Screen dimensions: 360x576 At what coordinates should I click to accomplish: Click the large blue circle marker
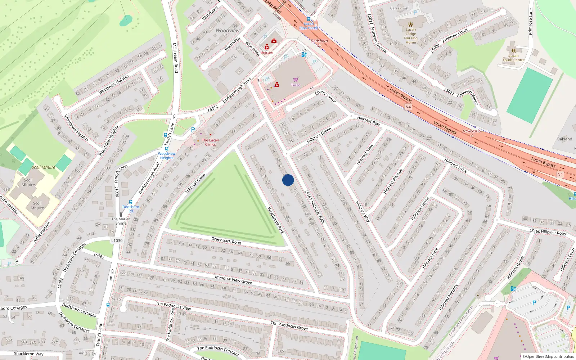pyautogui.click(x=288, y=180)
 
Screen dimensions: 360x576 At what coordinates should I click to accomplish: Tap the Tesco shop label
pyautogui.click(x=296, y=85)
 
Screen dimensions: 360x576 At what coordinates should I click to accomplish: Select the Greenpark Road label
pyautogui.click(x=226, y=240)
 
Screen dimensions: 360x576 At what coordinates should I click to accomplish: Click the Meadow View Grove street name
pyautogui.click(x=233, y=280)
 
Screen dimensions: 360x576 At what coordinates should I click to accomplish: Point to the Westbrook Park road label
pyautogui.click(x=275, y=220)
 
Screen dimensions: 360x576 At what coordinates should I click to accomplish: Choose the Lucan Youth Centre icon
pyautogui.click(x=513, y=51)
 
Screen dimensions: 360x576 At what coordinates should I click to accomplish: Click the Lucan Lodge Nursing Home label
pyautogui.click(x=411, y=36)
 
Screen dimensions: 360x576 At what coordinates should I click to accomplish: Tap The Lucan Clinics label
pyautogui.click(x=210, y=142)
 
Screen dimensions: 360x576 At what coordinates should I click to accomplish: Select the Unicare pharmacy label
pyautogui.click(x=267, y=53)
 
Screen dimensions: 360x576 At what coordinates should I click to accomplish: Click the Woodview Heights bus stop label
pyautogui.click(x=167, y=156)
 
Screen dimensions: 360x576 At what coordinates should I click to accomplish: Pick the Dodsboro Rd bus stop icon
pyautogui.click(x=131, y=202)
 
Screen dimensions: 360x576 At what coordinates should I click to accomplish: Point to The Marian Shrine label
pyautogui.click(x=121, y=221)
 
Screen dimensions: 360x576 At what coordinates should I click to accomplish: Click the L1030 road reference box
pyautogui.click(x=117, y=240)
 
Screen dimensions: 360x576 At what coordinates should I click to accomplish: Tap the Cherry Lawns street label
pyautogui.click(x=325, y=96)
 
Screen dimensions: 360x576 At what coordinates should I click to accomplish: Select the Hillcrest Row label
pyautogui.click(x=369, y=120)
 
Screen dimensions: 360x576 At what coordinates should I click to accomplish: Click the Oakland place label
pyautogui.click(x=564, y=139)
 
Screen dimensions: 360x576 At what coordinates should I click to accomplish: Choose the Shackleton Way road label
pyautogui.click(x=28, y=354)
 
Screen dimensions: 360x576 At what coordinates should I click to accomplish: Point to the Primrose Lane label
pyautogui.click(x=530, y=22)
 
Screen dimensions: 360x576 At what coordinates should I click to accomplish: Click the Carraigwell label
pyautogui.click(x=400, y=8)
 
